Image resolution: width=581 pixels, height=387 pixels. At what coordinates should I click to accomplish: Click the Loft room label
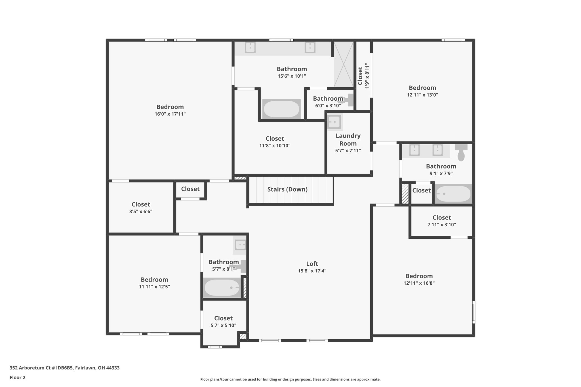click(312, 264)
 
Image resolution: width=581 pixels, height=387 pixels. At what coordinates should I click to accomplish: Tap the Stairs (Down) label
click(287, 189)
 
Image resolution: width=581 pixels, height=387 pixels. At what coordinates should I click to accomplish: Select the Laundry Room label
click(348, 139)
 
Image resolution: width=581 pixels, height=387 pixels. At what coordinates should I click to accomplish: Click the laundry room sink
click(334, 122)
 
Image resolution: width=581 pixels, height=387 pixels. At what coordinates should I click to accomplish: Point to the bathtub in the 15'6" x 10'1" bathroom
click(281, 109)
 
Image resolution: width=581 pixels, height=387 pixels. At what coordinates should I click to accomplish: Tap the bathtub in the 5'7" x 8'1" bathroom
click(222, 287)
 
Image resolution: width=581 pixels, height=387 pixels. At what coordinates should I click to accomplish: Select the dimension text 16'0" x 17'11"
click(170, 114)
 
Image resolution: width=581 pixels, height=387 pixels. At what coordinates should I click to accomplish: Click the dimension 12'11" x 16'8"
click(419, 283)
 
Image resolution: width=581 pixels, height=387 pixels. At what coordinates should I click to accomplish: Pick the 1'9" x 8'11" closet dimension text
click(367, 76)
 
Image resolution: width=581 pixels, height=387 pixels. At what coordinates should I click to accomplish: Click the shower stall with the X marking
click(344, 64)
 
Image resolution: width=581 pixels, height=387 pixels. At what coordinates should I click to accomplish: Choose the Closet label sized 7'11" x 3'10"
click(442, 217)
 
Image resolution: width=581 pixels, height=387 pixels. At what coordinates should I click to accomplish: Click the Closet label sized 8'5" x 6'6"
click(141, 204)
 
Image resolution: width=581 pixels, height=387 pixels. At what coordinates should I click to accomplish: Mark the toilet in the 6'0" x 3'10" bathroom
click(347, 100)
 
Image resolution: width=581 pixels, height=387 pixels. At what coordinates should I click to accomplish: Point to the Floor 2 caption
click(18, 377)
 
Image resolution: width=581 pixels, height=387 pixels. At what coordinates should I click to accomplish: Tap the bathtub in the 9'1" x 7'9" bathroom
click(454, 194)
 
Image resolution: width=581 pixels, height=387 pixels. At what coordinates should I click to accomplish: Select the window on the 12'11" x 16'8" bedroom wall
click(473, 312)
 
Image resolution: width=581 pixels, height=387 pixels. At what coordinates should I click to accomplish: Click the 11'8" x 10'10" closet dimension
click(275, 146)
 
